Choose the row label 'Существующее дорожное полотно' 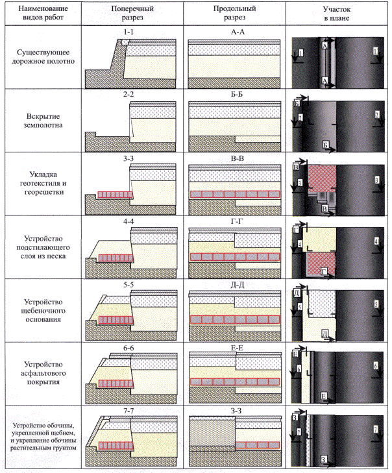click(x=42, y=57)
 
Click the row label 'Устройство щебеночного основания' click(x=42, y=310)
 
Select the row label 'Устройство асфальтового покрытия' click(x=42, y=373)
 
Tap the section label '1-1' click(x=127, y=31)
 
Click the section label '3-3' click(x=127, y=157)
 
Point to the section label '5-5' click(x=127, y=284)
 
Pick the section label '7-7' click(x=127, y=411)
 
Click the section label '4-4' click(x=127, y=221)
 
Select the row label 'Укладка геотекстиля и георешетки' click(x=42, y=184)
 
